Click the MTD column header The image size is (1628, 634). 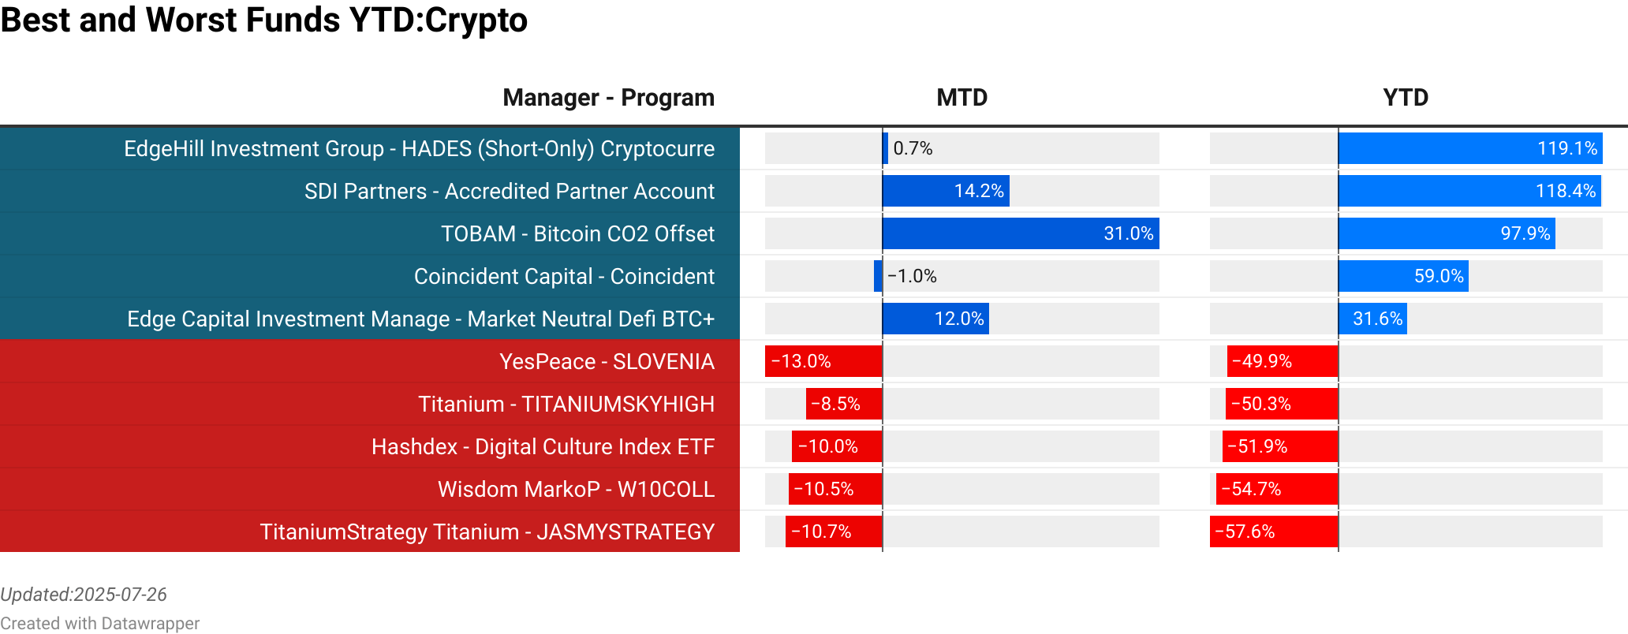[961, 98]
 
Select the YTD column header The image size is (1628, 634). [1406, 98]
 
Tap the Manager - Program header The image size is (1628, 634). [608, 98]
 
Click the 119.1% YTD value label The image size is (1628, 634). [1566, 148]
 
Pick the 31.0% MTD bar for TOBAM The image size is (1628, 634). [1021, 233]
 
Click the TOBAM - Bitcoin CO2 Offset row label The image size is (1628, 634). [577, 233]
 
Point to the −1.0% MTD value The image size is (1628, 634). [912, 276]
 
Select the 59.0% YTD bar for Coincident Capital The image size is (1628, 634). [1403, 276]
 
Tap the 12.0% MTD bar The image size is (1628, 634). [935, 319]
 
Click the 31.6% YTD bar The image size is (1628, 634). [1372, 319]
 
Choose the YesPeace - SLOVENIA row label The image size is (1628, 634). [607, 361]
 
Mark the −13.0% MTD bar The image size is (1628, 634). [823, 361]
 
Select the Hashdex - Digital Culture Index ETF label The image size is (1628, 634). [543, 446]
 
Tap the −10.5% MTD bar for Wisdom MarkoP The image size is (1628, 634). [835, 489]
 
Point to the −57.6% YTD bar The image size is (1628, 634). [1274, 531]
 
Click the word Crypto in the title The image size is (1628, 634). [476, 20]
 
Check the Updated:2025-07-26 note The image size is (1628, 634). [84, 595]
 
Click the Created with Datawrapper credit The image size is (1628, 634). [99, 623]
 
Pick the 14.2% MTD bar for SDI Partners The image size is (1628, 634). [946, 191]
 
